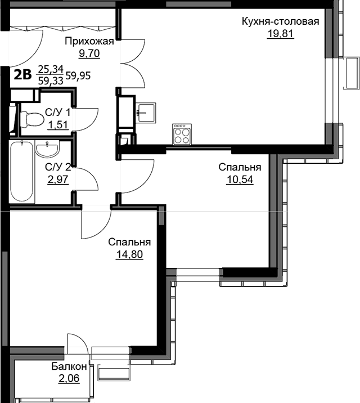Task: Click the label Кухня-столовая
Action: pyautogui.click(x=280, y=22)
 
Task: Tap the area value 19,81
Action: pyautogui.click(x=280, y=34)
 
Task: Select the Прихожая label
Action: pyautogui.click(x=89, y=42)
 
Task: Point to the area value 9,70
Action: pyautogui.click(x=89, y=53)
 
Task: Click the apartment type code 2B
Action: pyautogui.click(x=22, y=75)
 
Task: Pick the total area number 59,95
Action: pyautogui.click(x=78, y=76)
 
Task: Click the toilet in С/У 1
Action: pyautogui.click(x=31, y=119)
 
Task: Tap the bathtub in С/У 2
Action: pyautogui.click(x=22, y=172)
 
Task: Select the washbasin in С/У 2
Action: pyautogui.click(x=47, y=149)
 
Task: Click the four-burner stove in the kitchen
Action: pyautogui.click(x=182, y=135)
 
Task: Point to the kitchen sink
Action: pyautogui.click(x=146, y=113)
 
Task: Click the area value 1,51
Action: pyautogui.click(x=58, y=125)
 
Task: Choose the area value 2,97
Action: pyautogui.click(x=58, y=179)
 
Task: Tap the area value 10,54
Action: pyautogui.click(x=240, y=180)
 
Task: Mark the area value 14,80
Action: pyautogui.click(x=129, y=254)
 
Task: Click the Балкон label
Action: pyautogui.click(x=69, y=366)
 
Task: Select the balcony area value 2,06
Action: pyautogui.click(x=69, y=378)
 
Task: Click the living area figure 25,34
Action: pyautogui.click(x=51, y=69)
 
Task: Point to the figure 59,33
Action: pyautogui.click(x=51, y=81)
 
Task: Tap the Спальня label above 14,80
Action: pyautogui.click(x=129, y=242)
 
